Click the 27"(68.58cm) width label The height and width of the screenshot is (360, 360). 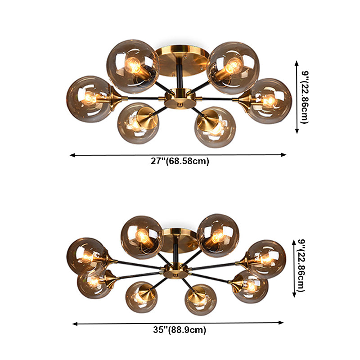[180, 161]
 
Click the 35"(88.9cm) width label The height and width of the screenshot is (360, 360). [180, 330]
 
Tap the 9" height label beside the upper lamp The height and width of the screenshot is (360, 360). [305, 97]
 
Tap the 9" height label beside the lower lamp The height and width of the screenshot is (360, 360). [301, 265]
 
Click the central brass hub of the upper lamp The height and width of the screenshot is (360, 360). [180, 99]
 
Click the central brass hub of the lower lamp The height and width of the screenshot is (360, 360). [176, 271]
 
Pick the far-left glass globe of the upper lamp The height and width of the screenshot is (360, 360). [89, 99]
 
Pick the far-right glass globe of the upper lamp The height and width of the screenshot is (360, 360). [270, 101]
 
